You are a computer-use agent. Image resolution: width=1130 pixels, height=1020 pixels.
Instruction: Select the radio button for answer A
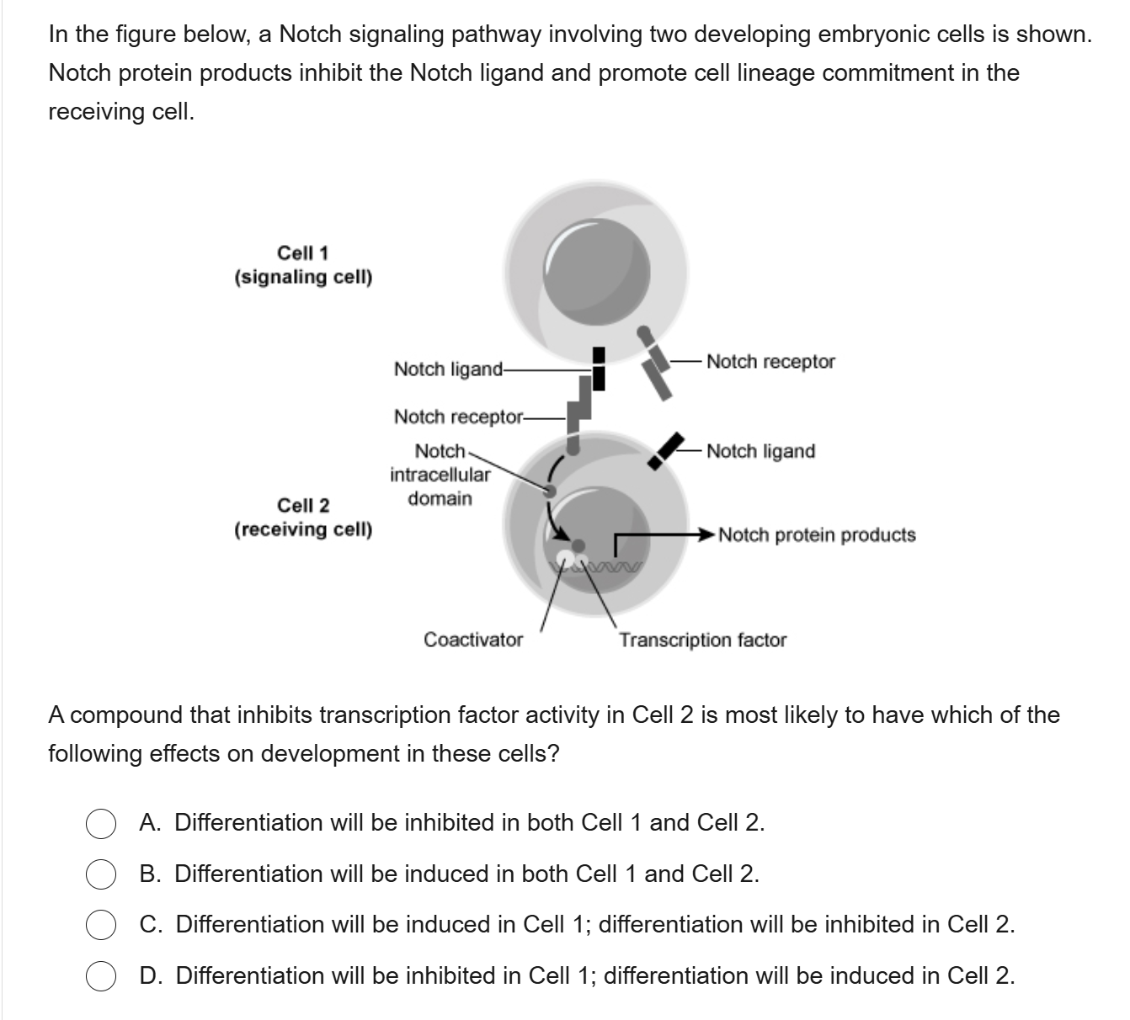pos(101,824)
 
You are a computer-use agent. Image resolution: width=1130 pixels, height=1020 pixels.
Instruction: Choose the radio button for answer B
pos(101,875)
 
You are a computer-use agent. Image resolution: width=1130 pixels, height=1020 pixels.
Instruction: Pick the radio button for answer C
pos(101,926)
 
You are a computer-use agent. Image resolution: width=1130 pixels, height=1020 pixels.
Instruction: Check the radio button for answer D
pos(101,977)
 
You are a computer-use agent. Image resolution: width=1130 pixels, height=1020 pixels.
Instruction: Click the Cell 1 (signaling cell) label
pos(303,265)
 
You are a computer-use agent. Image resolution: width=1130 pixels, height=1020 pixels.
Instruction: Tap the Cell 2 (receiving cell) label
pos(303,518)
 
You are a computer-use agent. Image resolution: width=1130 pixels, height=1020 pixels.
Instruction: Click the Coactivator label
pos(473,640)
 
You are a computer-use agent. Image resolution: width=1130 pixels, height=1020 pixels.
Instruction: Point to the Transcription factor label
pos(703,640)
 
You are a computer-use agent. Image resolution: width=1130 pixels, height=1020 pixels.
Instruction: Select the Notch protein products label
pos(817,535)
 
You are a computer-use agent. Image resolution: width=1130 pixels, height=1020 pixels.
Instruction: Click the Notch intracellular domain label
pos(440,475)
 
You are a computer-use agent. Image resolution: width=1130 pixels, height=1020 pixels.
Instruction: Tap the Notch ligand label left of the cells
pos(449,369)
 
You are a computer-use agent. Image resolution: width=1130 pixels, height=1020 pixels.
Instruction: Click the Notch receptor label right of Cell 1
pos(770,362)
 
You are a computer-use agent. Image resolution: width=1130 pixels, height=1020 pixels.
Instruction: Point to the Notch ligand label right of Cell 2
pos(761,451)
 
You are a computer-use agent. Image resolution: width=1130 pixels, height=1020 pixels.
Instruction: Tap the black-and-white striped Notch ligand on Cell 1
pos(599,369)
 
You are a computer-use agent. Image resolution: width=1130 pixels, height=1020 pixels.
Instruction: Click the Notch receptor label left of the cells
pos(459,417)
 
